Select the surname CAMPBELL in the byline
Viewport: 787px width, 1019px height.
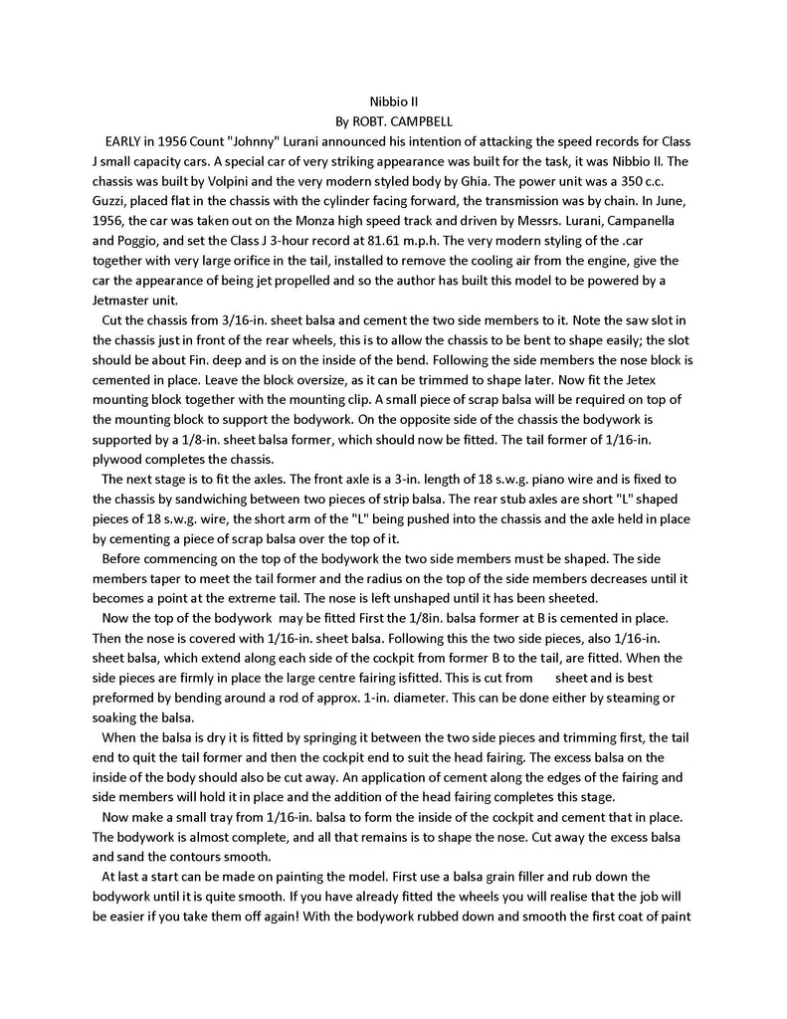(x=421, y=121)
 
